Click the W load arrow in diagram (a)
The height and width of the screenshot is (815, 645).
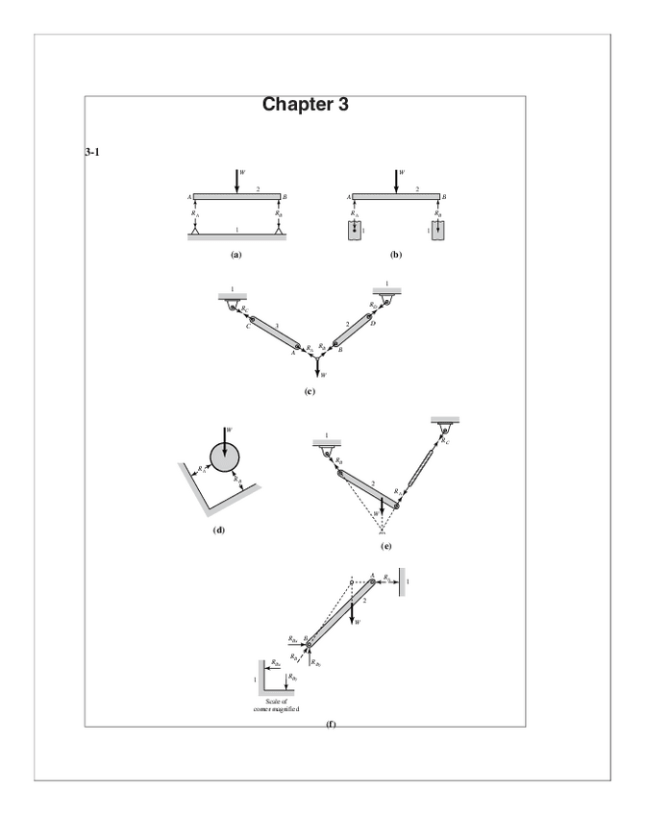point(236,178)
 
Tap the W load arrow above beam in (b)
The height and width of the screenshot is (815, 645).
point(395,179)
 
